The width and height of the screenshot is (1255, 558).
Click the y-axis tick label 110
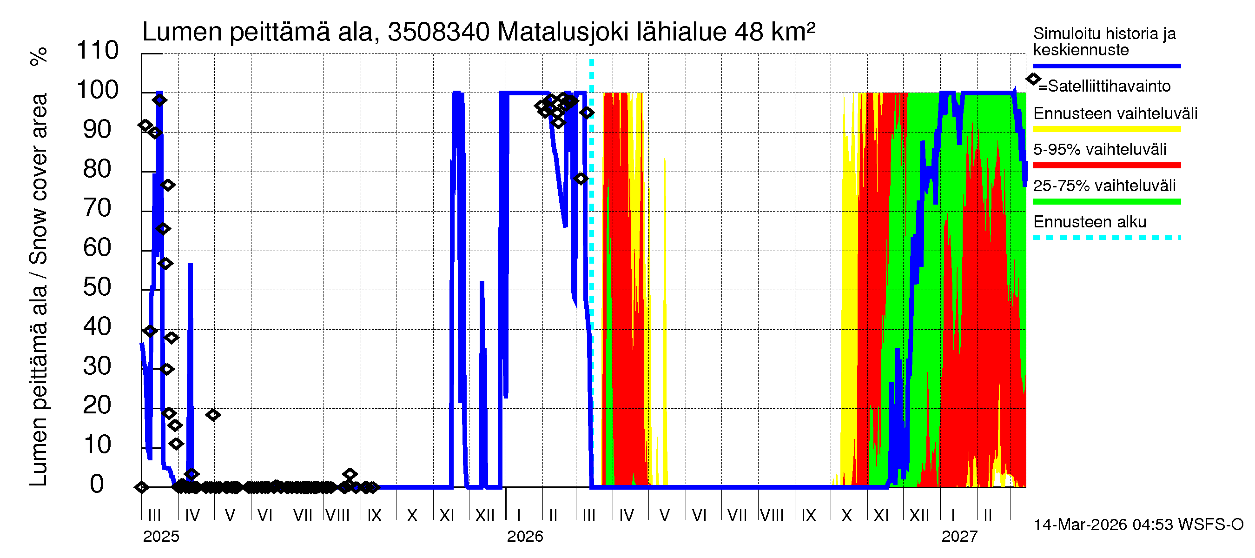point(98,51)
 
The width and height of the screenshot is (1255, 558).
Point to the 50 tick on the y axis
point(98,287)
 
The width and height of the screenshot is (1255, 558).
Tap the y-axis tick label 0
point(97,484)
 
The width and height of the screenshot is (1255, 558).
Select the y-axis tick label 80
point(98,169)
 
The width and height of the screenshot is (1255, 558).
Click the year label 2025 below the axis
point(161,537)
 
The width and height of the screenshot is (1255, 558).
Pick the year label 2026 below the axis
point(525,537)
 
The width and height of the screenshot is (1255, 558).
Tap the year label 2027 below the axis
point(959,537)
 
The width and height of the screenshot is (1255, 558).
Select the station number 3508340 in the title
point(438,32)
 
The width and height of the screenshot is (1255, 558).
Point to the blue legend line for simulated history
point(1106,66)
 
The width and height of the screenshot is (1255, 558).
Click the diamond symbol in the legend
point(1033,79)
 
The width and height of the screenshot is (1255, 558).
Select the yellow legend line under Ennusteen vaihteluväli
point(1106,129)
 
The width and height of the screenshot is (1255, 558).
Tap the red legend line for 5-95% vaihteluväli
point(1106,165)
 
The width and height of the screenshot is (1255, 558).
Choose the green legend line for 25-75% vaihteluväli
point(1106,201)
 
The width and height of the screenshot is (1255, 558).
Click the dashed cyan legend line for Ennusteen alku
point(1106,238)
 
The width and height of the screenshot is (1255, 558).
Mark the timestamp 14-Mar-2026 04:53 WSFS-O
point(1138,525)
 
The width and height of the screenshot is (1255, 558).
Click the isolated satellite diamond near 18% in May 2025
point(213,415)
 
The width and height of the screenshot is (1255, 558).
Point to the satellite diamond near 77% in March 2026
point(580,179)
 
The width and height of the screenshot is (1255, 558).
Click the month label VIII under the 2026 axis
point(772,515)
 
